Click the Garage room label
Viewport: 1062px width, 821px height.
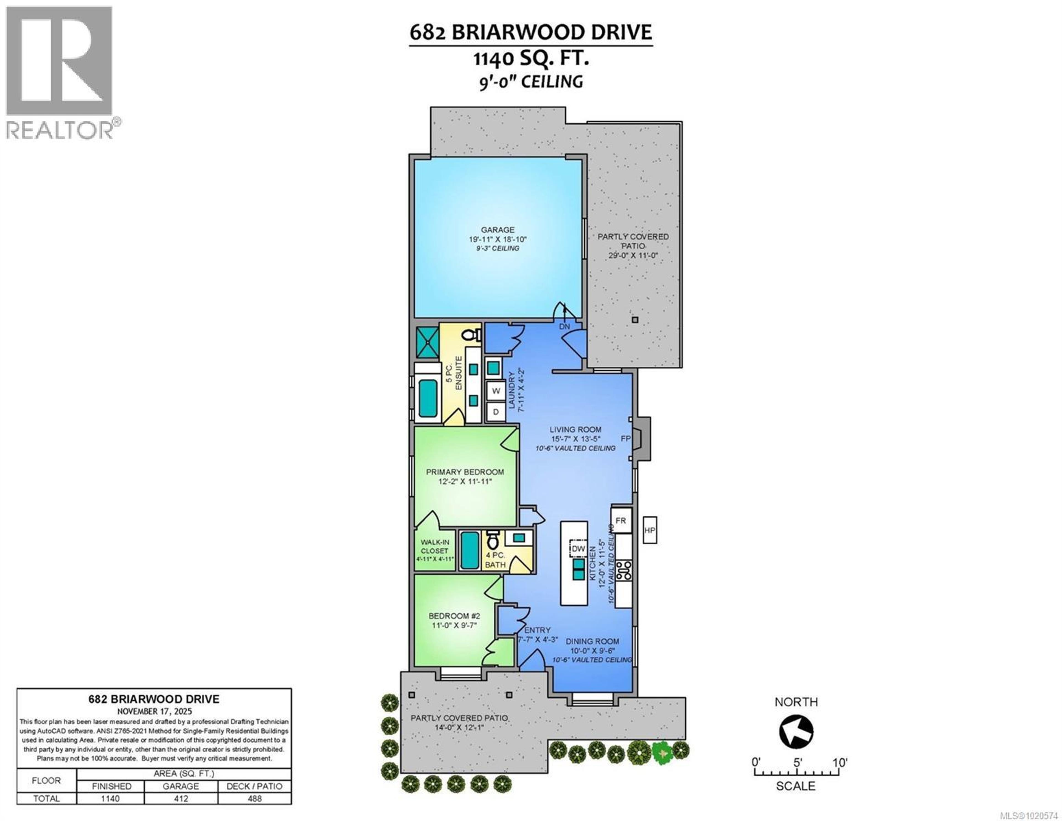pyautogui.click(x=498, y=230)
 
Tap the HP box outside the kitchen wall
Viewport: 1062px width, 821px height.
pyautogui.click(x=650, y=530)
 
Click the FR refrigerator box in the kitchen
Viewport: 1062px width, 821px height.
pyautogui.click(x=621, y=520)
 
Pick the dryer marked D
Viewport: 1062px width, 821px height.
pyautogui.click(x=496, y=412)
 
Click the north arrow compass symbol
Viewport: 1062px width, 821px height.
pyautogui.click(x=796, y=731)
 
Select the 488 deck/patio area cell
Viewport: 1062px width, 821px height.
pyautogui.click(x=254, y=798)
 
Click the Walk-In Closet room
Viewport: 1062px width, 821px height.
pyautogui.click(x=435, y=550)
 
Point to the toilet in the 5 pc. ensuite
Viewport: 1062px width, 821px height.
pyautogui.click(x=471, y=335)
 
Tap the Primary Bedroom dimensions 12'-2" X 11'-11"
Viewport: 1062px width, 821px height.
pyautogui.click(x=465, y=481)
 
